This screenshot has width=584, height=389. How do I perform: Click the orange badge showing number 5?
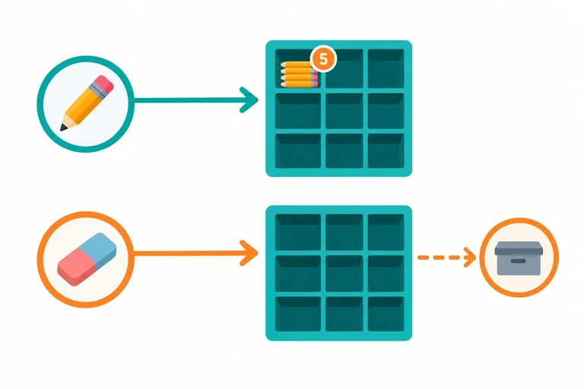[323, 59]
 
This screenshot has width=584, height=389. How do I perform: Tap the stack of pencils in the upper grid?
[299, 74]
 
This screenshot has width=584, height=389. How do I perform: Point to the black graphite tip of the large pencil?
[63, 128]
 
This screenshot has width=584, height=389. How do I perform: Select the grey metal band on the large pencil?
[95, 91]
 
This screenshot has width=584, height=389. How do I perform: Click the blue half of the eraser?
[102, 249]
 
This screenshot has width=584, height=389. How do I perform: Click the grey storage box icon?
[519, 258]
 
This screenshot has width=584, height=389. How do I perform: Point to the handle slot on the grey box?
[518, 261]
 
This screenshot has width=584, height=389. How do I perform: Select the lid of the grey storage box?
[519, 248]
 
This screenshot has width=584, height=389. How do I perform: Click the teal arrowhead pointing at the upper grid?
[249, 100]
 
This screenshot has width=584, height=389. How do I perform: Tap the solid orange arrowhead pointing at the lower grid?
[249, 253]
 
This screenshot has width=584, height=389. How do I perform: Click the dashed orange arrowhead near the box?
[470, 258]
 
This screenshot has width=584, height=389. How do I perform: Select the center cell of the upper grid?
[344, 111]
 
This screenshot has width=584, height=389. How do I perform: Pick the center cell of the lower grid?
[344, 274]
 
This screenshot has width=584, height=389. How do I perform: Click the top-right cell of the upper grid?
[386, 68]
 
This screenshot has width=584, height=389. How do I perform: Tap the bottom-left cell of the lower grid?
[298, 314]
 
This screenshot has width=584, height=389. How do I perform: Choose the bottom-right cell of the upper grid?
[386, 150]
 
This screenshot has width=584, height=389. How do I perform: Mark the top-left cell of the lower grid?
[298, 232]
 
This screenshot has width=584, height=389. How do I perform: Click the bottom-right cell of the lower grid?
[386, 314]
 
